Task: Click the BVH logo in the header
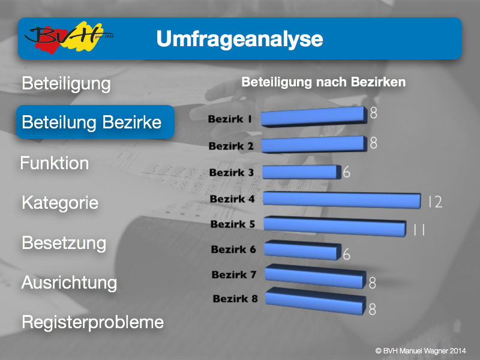pos(69,37)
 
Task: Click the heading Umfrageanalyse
pos(239,39)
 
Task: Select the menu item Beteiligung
pos(66,83)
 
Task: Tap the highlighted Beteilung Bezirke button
pos(95,122)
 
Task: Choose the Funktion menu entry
pos(55,163)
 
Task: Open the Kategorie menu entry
pos(60,203)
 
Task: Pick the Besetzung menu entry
pos(64,243)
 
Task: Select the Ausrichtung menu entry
pos(69,283)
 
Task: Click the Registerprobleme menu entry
pos(93,322)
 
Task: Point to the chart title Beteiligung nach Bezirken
pos(323,82)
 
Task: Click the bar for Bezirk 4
pos(342,200)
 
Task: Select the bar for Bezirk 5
pos(335,226)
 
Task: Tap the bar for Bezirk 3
pos(302,172)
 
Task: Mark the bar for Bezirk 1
pos(314,116)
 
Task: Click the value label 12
pos(436,202)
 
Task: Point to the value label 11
pos(419,230)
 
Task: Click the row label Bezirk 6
pos(233,250)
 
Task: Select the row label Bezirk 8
pos(235,298)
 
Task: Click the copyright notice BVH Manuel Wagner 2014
pos(421,351)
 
